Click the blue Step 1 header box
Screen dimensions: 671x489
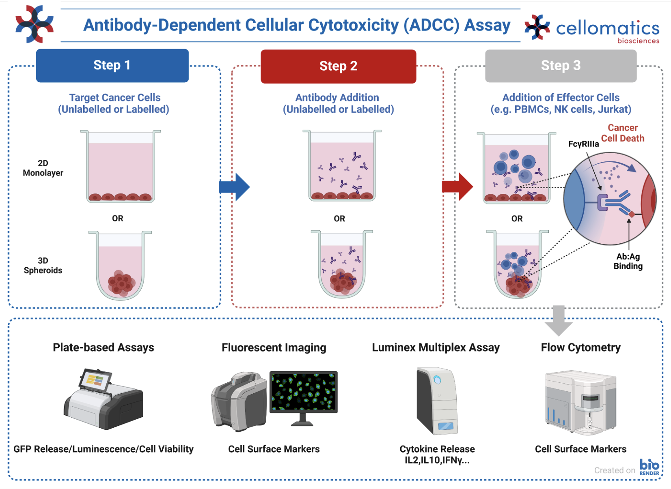[112, 66]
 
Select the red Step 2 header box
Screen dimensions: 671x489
[338, 66]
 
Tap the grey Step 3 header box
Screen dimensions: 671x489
[561, 66]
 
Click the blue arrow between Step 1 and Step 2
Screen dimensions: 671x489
[234, 187]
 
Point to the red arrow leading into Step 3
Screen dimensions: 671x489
[457, 187]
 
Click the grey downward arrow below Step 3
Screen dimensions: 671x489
[559, 320]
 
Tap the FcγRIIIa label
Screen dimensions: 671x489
[584, 144]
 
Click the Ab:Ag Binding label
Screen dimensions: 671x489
[628, 261]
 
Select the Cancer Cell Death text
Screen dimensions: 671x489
[623, 133]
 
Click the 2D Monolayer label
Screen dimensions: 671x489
[43, 168]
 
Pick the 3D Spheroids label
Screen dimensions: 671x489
[43, 266]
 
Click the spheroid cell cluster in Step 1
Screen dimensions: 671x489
[121, 283]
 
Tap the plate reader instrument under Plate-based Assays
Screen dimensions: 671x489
[104, 399]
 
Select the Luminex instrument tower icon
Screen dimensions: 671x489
[437, 401]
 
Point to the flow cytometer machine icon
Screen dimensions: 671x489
[580, 403]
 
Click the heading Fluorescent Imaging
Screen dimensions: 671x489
[274, 348]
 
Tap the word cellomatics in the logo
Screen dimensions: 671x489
[608, 28]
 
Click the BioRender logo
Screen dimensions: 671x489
[649, 467]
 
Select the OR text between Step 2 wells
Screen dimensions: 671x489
[339, 219]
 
